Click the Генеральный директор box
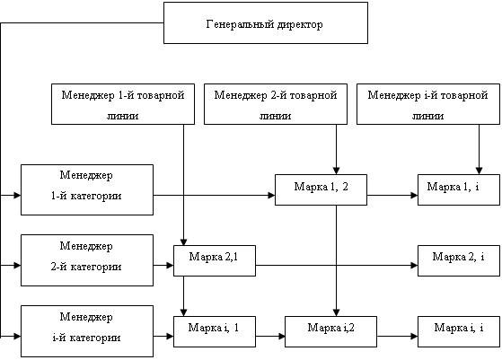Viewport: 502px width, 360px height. tap(266, 22)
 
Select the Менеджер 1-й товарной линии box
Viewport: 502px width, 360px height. tap(123, 104)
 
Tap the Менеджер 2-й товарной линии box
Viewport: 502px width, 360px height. tap(276, 104)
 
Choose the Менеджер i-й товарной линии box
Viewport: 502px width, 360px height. tap(428, 104)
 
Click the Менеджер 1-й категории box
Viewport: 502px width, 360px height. tap(87, 189)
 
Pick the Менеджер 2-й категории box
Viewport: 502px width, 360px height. tap(87, 260)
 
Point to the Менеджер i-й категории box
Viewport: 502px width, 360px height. tap(87, 331)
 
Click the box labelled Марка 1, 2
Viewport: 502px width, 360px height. tap(321, 189)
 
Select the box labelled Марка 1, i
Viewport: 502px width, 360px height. tap(459, 189)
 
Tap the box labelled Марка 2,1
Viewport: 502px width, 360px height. tap(215, 261)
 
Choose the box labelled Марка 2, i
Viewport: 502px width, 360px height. tap(459, 261)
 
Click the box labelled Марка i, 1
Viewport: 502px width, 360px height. tap(215, 332)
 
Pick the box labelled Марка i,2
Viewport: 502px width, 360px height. tap(330, 332)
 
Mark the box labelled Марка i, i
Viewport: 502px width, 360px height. tap(459, 332)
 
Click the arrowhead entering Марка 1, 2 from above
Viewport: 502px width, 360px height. tap(336, 171)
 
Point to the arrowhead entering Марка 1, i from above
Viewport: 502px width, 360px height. tap(479, 171)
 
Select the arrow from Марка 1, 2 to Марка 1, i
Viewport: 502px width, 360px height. tap(392, 195)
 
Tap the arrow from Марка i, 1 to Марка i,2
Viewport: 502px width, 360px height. tap(270, 337)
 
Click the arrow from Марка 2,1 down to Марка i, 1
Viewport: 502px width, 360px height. tap(183, 296)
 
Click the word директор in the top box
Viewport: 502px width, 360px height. tap(300, 24)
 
